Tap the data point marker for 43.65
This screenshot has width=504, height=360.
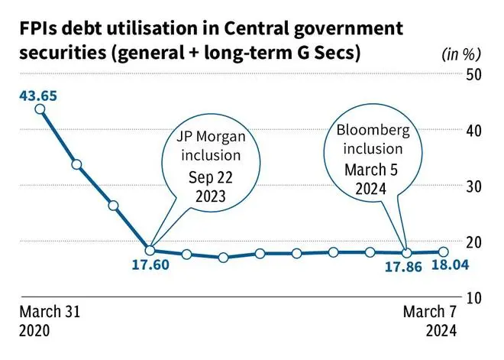click(x=40, y=109)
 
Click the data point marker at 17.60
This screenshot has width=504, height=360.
click(x=150, y=250)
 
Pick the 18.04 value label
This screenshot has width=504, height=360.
click(x=445, y=266)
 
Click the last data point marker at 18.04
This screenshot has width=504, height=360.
click(x=444, y=251)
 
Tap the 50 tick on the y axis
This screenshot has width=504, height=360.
click(x=474, y=74)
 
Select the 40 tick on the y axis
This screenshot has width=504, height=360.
click(x=474, y=130)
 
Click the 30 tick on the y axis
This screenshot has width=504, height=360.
click(x=474, y=186)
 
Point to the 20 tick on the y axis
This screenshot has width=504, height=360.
click(x=474, y=242)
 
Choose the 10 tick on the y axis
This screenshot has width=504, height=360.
click(x=474, y=297)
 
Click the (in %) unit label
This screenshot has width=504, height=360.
click(x=461, y=54)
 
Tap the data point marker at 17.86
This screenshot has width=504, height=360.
click(x=407, y=252)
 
